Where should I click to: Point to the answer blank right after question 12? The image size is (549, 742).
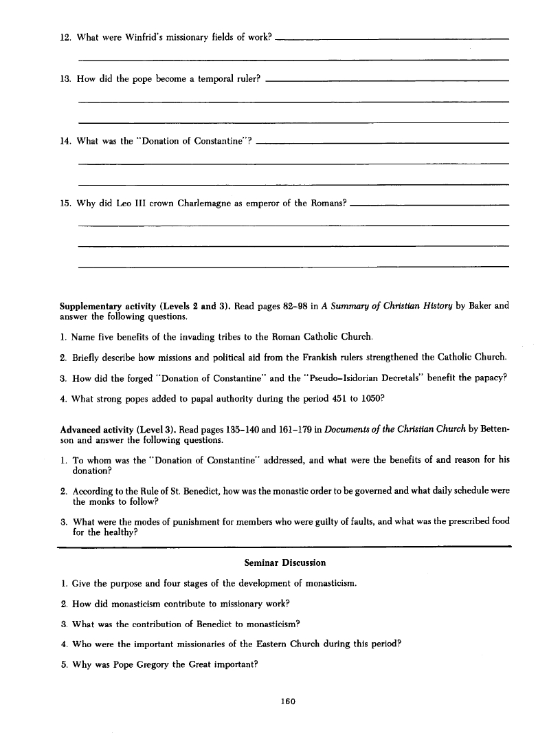tap(392, 39)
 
